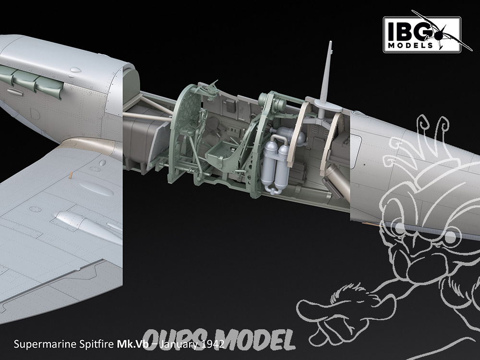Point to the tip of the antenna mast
tap(330, 42)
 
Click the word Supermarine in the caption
tap(45, 344)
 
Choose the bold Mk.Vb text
tap(132, 344)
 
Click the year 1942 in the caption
tap(213, 344)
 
